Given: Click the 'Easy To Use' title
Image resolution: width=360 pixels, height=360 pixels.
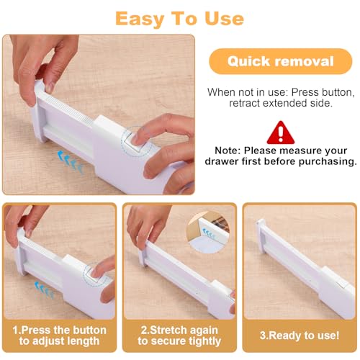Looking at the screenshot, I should (x=179, y=18).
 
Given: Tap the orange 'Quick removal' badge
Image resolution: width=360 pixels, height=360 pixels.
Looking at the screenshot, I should (x=281, y=61).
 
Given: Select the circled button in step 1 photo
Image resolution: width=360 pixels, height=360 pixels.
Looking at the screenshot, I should (x=94, y=272).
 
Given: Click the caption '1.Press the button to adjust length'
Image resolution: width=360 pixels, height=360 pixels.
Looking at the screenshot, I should (x=60, y=336).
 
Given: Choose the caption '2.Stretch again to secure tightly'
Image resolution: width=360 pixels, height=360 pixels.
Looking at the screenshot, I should (x=179, y=336).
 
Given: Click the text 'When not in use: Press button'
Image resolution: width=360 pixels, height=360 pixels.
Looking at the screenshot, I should (x=281, y=92).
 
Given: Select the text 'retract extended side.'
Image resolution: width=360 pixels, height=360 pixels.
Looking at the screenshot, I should (x=281, y=104).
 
